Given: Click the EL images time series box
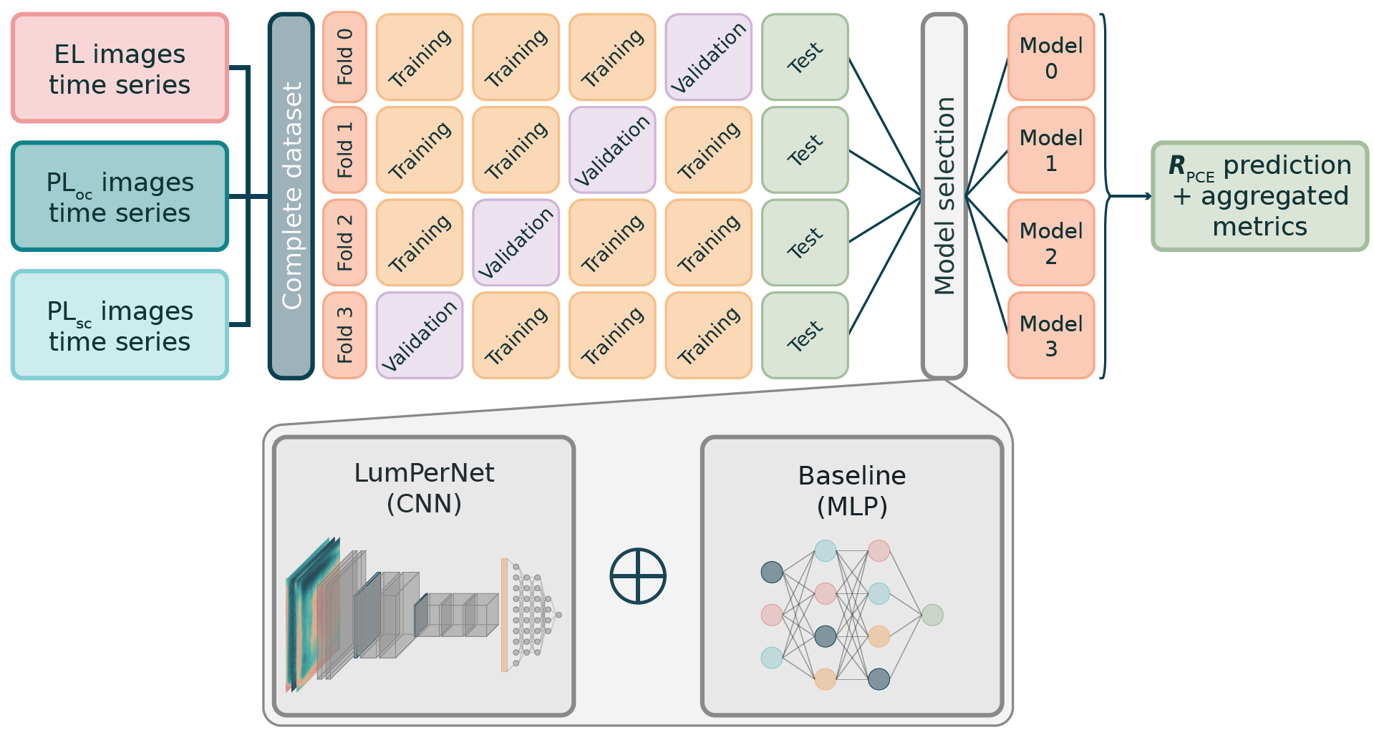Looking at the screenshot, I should click(120, 68).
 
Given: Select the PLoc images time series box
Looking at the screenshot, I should click(120, 196).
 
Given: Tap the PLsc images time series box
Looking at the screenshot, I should click(120, 324).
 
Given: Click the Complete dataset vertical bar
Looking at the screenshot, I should click(291, 195).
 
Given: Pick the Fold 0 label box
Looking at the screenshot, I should click(344, 57).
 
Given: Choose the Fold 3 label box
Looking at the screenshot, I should click(344, 335).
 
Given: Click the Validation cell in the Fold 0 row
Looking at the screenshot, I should click(708, 57).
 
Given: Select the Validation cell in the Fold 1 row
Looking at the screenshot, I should click(612, 150).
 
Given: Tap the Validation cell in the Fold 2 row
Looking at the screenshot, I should click(516, 243).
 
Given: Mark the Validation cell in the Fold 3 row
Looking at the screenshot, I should click(420, 335).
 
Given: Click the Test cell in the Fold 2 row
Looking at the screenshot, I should click(805, 243).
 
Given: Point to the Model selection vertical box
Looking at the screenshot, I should click(944, 195).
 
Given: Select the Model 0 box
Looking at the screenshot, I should click(1050, 57).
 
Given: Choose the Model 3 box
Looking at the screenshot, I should click(1050, 335).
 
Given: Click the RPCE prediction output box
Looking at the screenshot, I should click(1259, 196).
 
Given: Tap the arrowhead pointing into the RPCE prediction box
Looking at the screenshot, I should click(1148, 196).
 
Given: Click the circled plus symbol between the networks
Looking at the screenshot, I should click(638, 576).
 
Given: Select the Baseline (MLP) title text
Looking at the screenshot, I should click(852, 490).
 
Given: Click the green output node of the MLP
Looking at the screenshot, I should click(932, 615).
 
